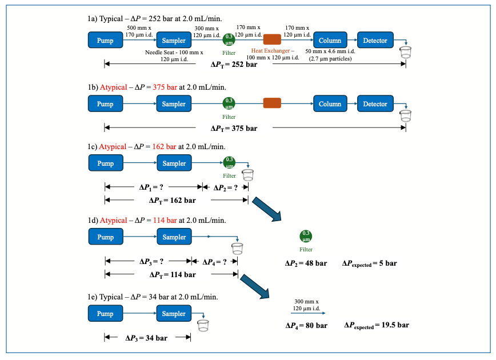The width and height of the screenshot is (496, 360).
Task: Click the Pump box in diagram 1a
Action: pos(105,41)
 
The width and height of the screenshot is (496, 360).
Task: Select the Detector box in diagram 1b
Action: pos(375,104)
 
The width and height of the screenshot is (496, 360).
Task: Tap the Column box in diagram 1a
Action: pos(330,41)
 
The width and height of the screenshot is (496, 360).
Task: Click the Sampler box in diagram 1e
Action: pos(174,314)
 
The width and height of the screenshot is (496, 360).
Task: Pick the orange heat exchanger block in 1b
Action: pos(272,103)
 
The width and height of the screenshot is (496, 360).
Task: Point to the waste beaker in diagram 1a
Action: pos(406,53)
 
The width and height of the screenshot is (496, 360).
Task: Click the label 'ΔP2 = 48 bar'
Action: pos(306,263)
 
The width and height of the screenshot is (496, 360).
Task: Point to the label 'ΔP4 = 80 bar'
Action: pos(306,325)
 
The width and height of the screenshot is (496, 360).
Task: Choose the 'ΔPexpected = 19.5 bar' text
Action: pos(377,325)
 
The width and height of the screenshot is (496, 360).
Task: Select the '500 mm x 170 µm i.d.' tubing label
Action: pos(139,31)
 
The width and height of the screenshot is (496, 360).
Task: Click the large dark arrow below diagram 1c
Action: pos(267,209)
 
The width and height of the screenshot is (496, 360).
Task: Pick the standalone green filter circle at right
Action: pos(306,236)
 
